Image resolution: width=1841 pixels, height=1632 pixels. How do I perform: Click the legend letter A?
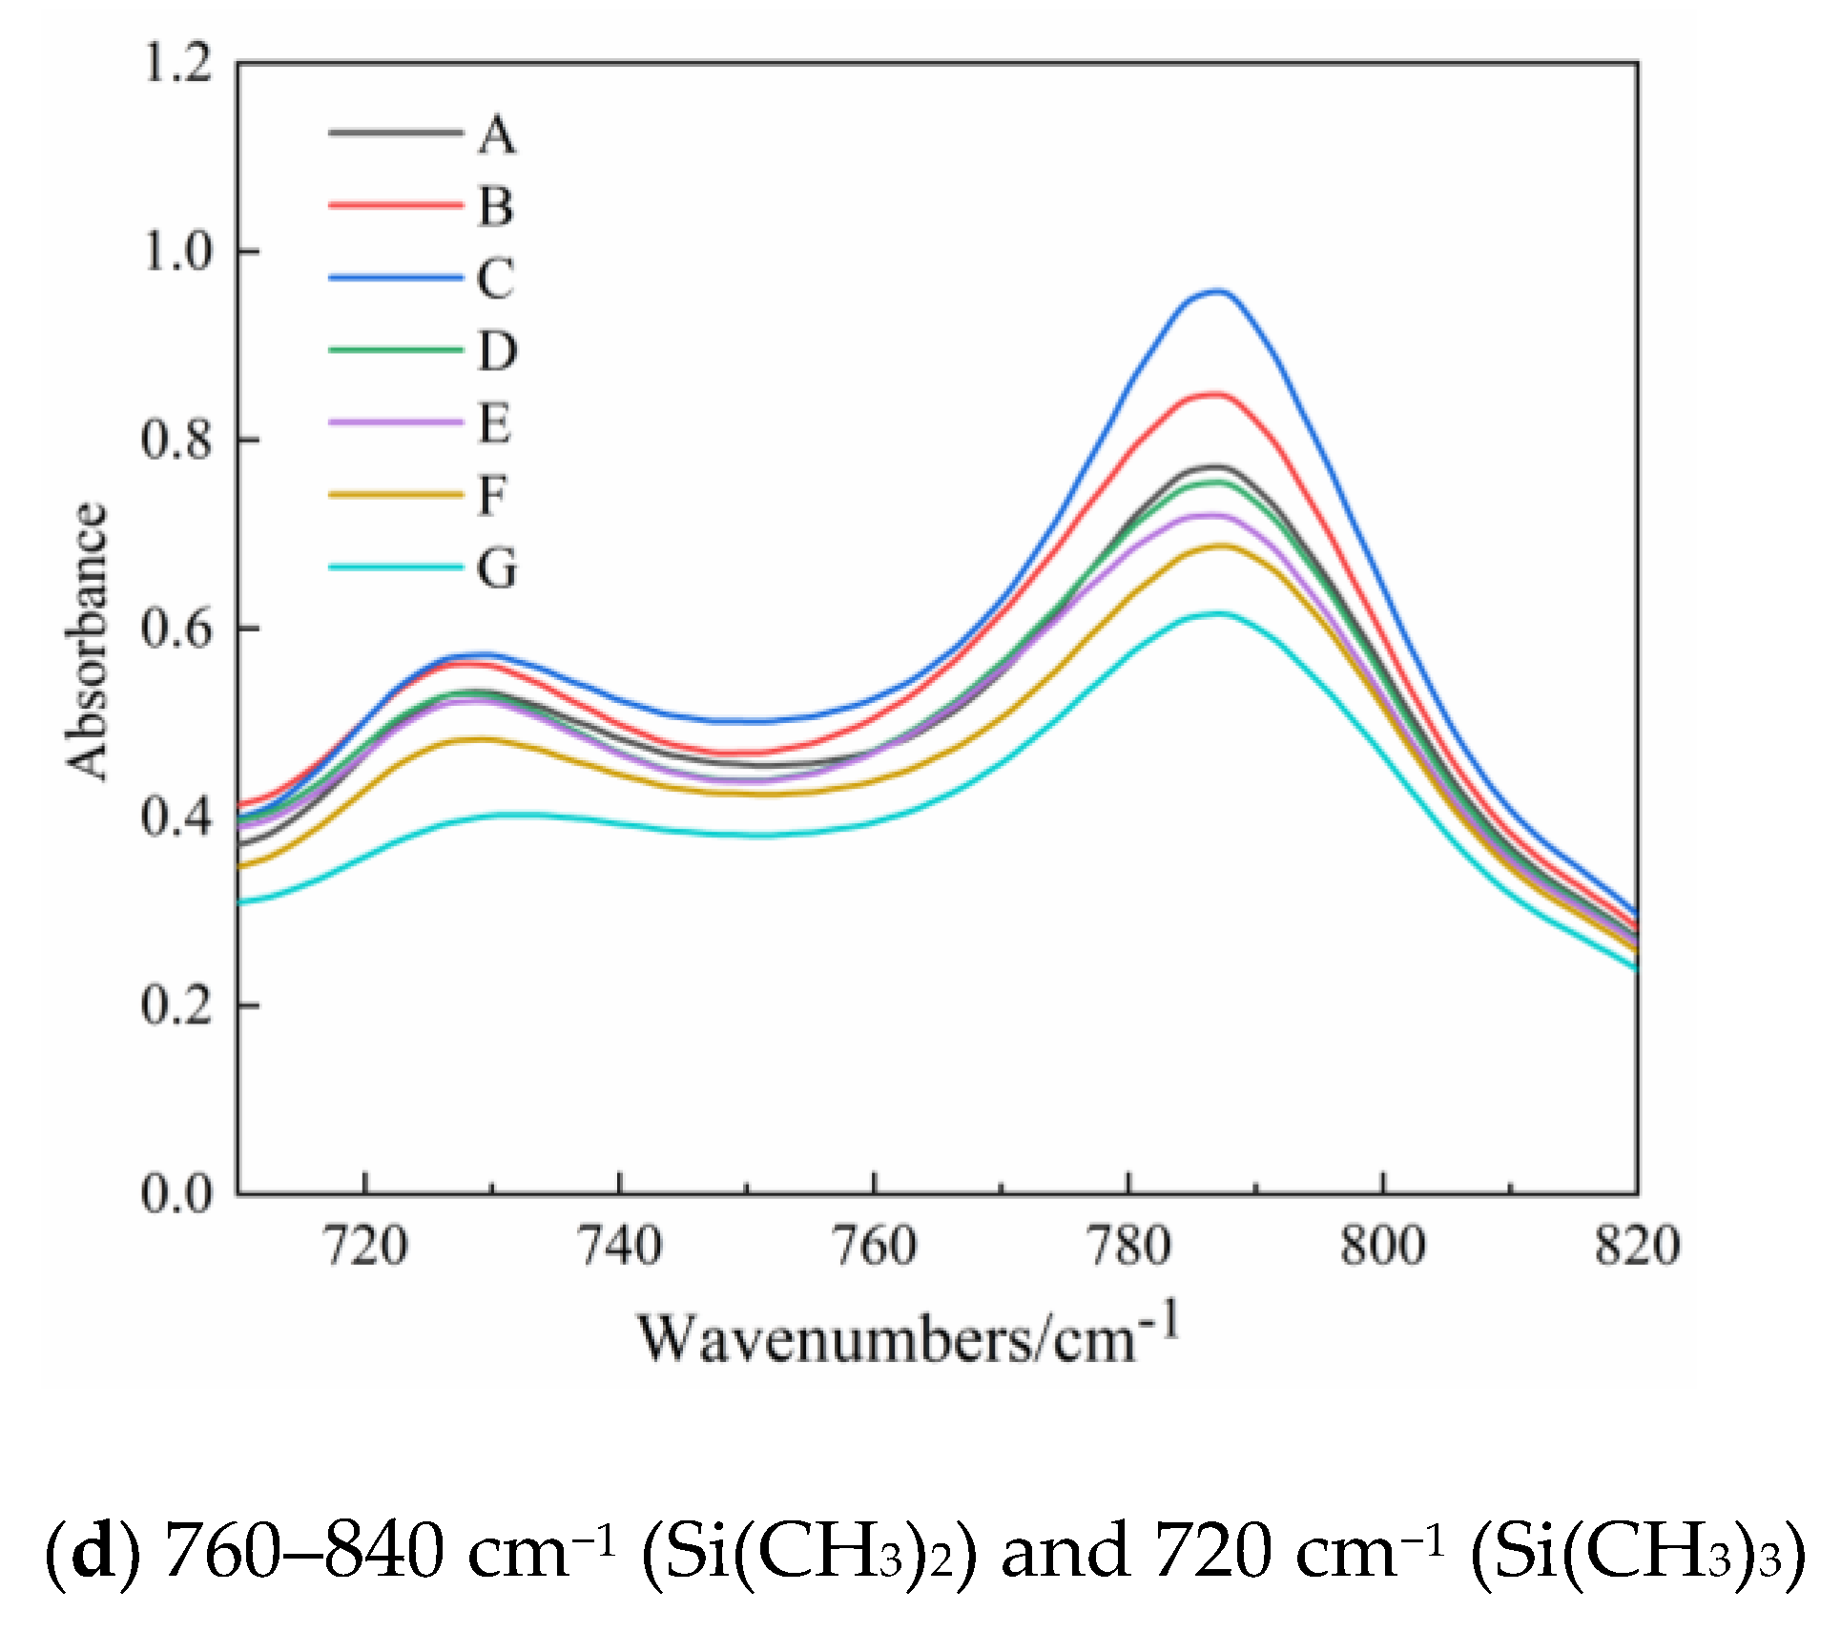pyautogui.click(x=496, y=134)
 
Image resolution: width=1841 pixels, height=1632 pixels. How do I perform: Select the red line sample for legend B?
pyautogui.click(x=395, y=205)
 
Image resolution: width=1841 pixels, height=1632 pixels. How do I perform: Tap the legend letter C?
pyautogui.click(x=496, y=279)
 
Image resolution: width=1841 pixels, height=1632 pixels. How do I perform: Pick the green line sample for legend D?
pyautogui.click(x=395, y=350)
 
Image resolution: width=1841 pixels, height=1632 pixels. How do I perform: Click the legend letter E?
pyautogui.click(x=494, y=423)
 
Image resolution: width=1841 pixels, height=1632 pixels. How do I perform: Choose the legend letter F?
pyautogui.click(x=492, y=496)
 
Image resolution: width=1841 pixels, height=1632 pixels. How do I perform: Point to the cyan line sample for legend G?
pyautogui.click(x=395, y=568)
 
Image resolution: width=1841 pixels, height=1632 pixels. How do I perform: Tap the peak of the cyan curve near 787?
pyautogui.click(x=1217, y=613)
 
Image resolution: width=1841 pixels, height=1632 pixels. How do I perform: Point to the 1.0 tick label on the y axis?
pyautogui.click(x=176, y=252)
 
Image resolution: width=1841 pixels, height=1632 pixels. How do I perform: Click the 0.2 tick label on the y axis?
pyautogui.click(x=176, y=1005)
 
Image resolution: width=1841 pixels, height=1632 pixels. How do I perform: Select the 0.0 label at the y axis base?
pyautogui.click(x=176, y=1193)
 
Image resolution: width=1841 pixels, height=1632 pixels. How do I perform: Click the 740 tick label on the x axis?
pyautogui.click(x=620, y=1246)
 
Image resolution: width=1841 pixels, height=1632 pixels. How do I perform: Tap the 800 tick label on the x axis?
pyautogui.click(x=1382, y=1246)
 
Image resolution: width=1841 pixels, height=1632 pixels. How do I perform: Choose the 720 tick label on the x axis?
pyautogui.click(x=365, y=1246)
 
